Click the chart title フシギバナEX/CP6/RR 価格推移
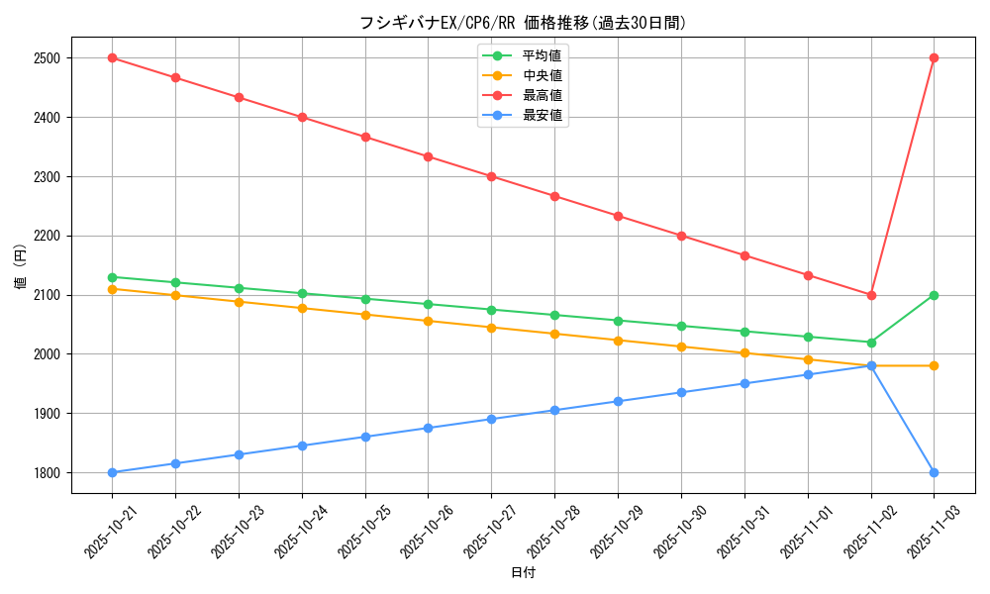pos(523,23)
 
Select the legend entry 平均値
pos(542,55)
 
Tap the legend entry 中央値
pos(542,75)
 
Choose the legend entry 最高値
pos(542,95)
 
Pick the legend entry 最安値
pos(542,115)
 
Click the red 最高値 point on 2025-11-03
pos(934,58)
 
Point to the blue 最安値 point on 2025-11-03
pos(934,472)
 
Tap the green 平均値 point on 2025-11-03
pos(934,295)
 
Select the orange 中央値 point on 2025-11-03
pos(934,366)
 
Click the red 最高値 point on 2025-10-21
pos(113,58)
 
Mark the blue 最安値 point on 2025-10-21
pos(113,472)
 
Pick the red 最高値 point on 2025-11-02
pos(871,295)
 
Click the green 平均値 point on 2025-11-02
pos(871,343)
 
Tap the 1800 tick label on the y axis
pos(47,472)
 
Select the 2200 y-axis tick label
pos(47,236)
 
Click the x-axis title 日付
pos(523,573)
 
